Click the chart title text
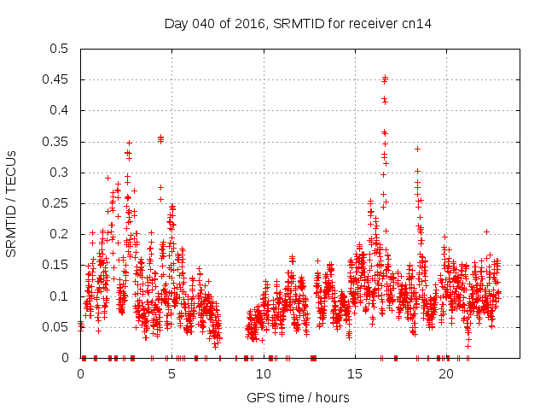click(298, 24)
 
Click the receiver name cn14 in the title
click(418, 24)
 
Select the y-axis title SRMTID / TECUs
click(12, 203)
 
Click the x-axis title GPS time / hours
click(298, 397)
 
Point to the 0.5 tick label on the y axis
click(58, 49)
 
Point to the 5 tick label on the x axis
click(172, 374)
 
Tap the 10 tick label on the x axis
click(264, 374)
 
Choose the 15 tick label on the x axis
click(355, 374)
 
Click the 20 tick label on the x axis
click(446, 374)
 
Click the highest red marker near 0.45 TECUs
click(386, 78)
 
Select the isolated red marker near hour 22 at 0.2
click(486, 231)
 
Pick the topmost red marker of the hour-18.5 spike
click(417, 149)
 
